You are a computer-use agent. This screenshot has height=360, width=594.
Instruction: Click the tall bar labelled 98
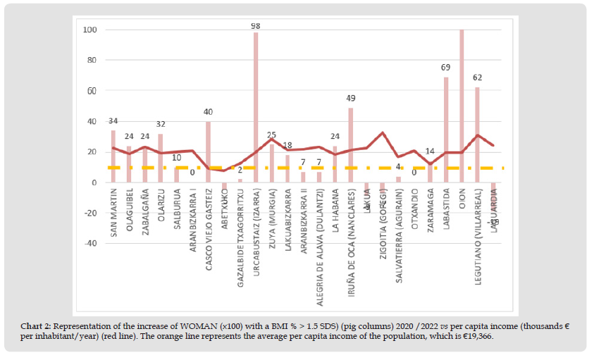point(256,106)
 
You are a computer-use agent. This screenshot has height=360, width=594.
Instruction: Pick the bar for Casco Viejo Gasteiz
point(209,151)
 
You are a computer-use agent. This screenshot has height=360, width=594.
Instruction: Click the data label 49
point(351,98)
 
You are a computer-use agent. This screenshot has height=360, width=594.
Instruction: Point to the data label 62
point(478,77)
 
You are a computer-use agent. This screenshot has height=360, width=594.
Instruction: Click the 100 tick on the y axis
point(89,30)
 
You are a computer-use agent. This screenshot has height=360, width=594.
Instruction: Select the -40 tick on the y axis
point(89,244)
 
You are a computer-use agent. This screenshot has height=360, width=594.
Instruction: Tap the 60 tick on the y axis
point(91,91)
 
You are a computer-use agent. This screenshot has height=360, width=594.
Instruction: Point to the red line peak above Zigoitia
point(382,132)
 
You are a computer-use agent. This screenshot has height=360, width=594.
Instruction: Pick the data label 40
point(209,112)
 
